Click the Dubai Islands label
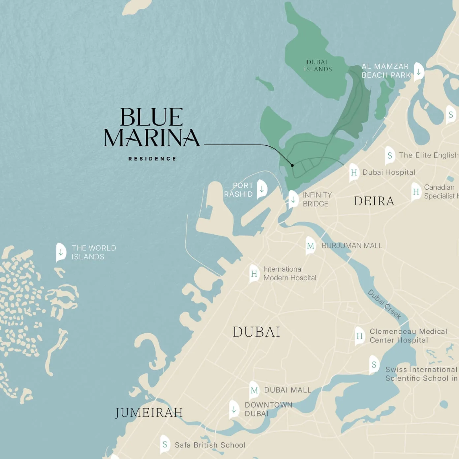(318, 66)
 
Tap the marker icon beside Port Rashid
(262, 189)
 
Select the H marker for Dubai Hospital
(354, 172)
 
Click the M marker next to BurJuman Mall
(310, 246)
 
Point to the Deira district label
(374, 201)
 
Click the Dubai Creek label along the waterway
(384, 304)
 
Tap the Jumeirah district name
(149, 413)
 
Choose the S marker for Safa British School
(165, 444)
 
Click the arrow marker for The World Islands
(61, 252)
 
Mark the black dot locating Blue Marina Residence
(292, 165)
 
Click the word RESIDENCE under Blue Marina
(152, 159)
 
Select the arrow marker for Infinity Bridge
(293, 199)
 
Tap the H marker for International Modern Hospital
(254, 274)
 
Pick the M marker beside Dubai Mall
(254, 390)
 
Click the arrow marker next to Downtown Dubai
(234, 409)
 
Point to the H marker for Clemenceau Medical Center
(359, 336)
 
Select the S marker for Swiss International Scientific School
(374, 365)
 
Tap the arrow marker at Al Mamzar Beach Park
(419, 71)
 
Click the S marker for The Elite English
(390, 155)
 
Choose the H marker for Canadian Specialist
(416, 192)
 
